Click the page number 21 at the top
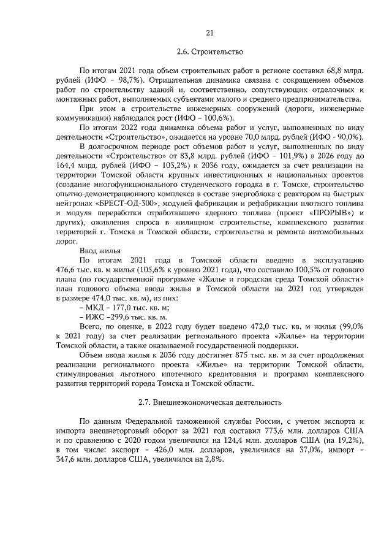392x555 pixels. [209, 33]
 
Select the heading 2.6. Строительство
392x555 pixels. [209, 52]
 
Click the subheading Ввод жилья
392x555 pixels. [100, 250]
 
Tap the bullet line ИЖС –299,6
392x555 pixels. [123, 317]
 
